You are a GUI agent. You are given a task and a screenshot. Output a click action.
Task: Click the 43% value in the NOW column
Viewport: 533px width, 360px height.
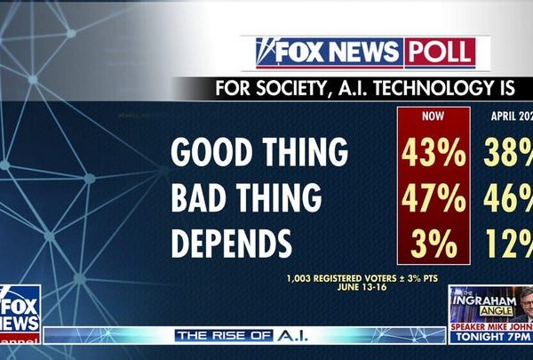pyautogui.click(x=434, y=153)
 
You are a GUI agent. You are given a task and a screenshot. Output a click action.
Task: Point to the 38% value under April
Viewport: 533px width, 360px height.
pyautogui.click(x=507, y=153)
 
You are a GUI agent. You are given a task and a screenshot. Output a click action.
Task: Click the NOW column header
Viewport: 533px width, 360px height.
pyautogui.click(x=434, y=116)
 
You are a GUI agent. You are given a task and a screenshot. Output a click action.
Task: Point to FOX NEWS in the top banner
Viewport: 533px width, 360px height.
pyautogui.click(x=329, y=52)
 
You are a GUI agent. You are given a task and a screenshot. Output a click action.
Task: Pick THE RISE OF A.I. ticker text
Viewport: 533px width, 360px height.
pyautogui.click(x=234, y=335)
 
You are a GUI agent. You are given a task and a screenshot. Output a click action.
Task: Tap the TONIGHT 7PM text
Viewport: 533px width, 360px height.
pyautogui.click(x=489, y=349)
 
